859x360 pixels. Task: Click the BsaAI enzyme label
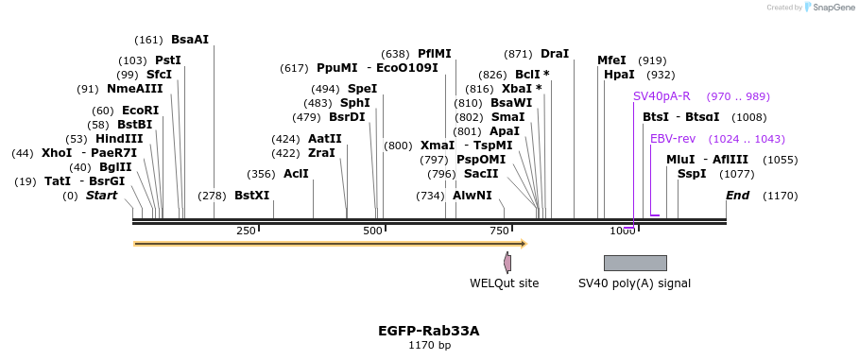[x=189, y=40]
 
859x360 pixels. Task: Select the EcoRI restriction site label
[x=140, y=111]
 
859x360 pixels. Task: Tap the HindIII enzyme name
[x=119, y=139]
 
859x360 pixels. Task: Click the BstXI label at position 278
[x=251, y=196]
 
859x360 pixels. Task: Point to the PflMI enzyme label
[x=435, y=54]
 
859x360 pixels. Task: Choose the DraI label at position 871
[x=555, y=54]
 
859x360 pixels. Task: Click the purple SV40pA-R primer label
[x=661, y=96]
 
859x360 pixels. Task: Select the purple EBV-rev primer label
[x=673, y=139]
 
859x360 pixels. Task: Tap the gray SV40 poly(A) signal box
[x=635, y=263]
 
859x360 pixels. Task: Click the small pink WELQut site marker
[x=507, y=263]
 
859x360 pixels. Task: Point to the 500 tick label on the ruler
[x=371, y=231]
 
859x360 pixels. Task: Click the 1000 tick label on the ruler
[x=623, y=231]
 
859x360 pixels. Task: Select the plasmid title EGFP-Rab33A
[x=429, y=331]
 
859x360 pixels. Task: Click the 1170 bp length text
[x=429, y=346]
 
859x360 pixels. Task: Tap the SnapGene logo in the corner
[x=830, y=7]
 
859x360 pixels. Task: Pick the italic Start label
[x=101, y=196]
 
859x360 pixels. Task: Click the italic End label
[x=737, y=196]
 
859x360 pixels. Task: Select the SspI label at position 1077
[x=692, y=174]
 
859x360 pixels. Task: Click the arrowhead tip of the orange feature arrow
[x=524, y=244]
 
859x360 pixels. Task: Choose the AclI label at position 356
[x=296, y=174]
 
